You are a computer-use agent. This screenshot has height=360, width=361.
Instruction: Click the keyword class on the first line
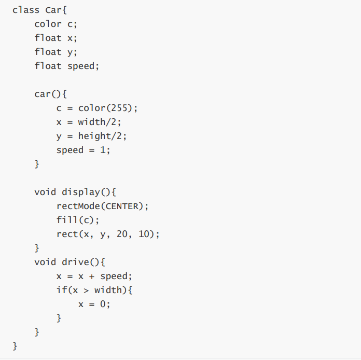(x=25, y=10)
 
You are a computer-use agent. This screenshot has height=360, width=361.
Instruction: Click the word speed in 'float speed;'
(x=81, y=66)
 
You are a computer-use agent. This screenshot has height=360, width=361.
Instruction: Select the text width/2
(x=100, y=122)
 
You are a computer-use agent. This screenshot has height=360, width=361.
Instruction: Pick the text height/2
(x=102, y=136)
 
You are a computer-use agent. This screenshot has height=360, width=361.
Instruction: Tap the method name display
(x=81, y=192)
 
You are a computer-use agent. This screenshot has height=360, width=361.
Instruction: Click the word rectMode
(x=78, y=206)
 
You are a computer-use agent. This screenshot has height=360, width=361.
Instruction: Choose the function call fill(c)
(x=78, y=220)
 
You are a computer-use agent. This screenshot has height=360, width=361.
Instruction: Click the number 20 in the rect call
(x=122, y=234)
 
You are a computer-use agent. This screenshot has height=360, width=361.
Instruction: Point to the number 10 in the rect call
(x=145, y=234)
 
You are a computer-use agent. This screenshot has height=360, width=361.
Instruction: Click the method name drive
(x=76, y=262)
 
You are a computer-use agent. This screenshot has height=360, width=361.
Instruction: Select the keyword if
(x=61, y=290)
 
